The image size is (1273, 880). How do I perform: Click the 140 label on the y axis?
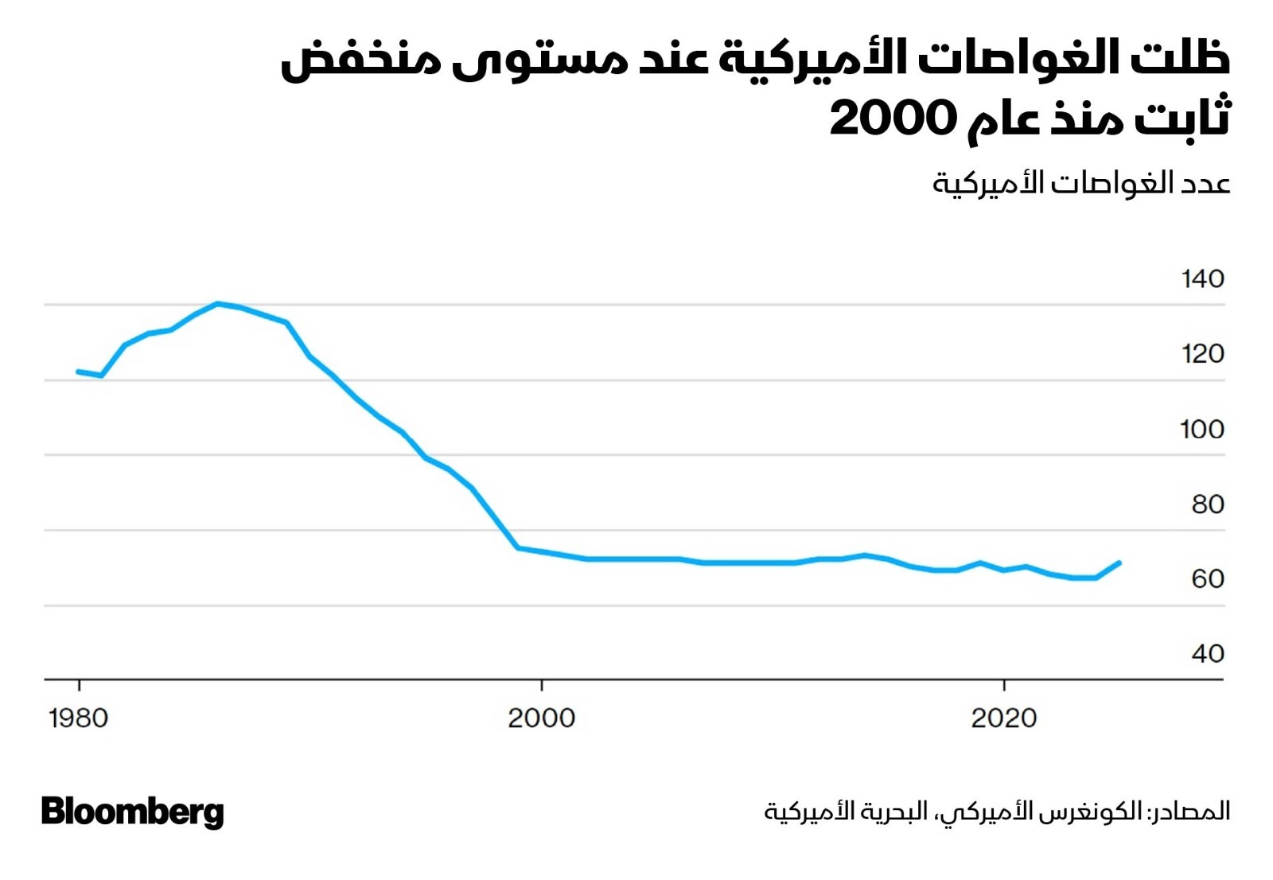pos(1202,279)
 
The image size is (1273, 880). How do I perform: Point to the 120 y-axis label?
pos(1202,354)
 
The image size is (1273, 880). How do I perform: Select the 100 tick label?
pos(1201,430)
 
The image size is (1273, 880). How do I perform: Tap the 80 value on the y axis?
pos(1207,504)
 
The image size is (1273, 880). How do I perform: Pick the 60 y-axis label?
pos(1207,579)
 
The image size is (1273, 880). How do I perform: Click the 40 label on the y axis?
pos(1207,654)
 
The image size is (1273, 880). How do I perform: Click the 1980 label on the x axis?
pos(78,718)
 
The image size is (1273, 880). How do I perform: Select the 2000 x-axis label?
pos(541,718)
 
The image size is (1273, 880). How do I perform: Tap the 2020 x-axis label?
pos(1004,718)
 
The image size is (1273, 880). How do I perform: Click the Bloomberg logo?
pos(133,812)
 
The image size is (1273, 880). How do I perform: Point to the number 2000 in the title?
pos(892,119)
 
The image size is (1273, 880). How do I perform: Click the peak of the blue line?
pos(217,303)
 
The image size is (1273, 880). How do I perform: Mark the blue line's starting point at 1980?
pos(78,372)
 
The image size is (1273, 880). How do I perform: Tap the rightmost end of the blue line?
pos(1119,563)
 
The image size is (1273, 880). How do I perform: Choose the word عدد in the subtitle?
pos(1206,184)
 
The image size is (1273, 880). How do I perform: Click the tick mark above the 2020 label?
pos(1004,686)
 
